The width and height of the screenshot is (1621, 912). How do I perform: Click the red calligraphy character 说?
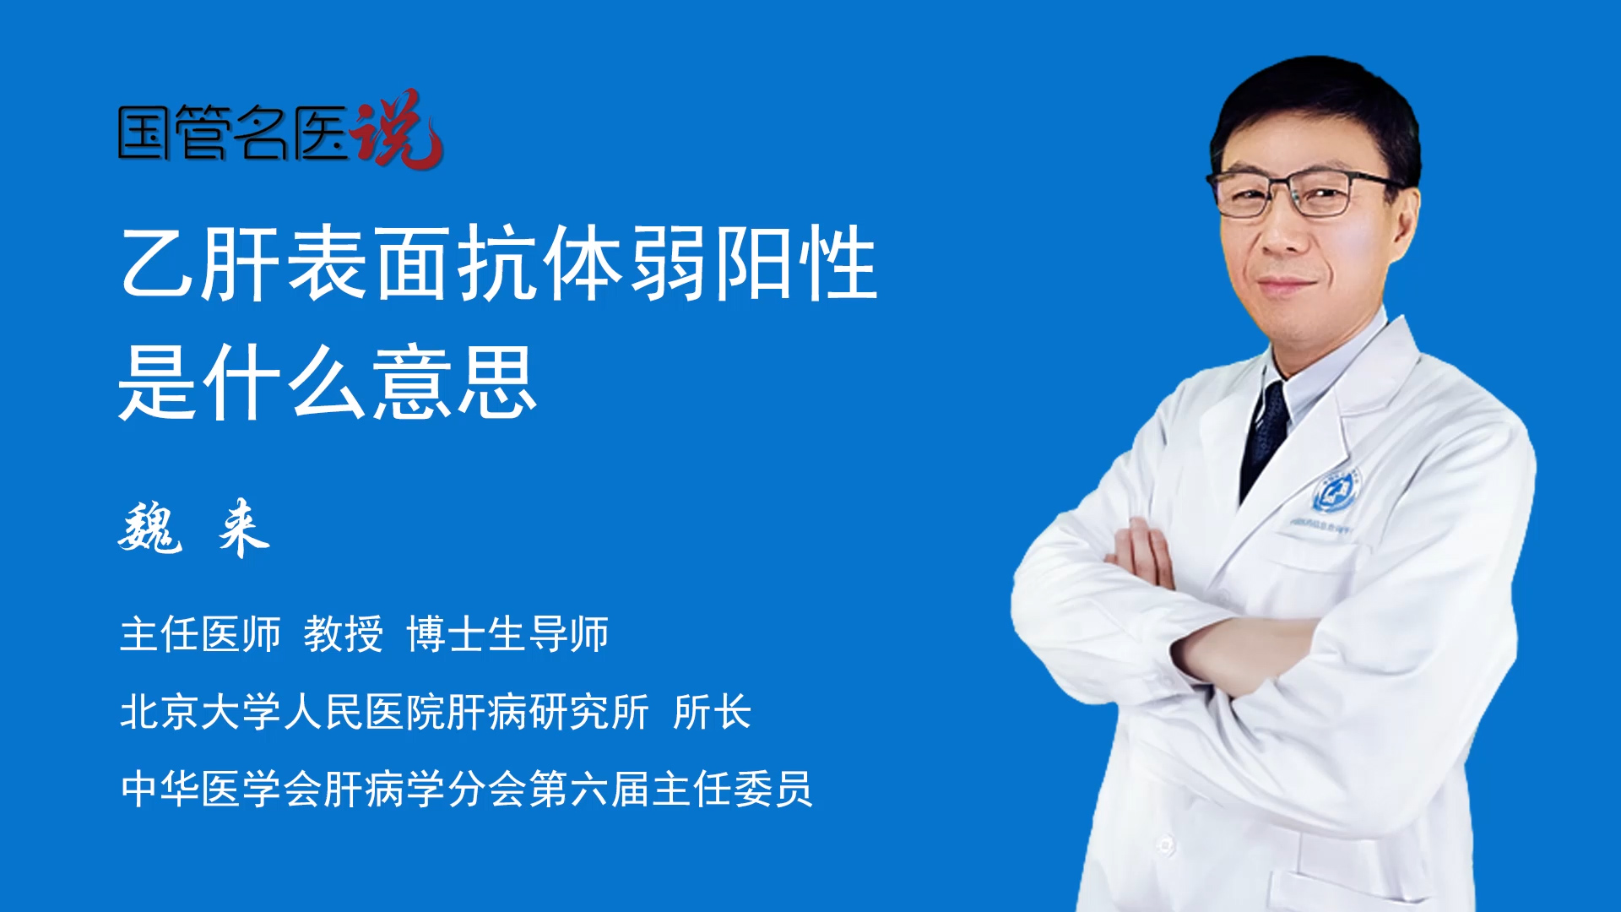397,128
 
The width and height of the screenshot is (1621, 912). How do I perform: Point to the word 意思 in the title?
454,383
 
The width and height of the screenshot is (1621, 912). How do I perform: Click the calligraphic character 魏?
150,528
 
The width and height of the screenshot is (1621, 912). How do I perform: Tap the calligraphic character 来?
243,528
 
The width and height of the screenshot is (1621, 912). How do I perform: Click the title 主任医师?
200,634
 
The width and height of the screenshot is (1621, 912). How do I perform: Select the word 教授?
344,634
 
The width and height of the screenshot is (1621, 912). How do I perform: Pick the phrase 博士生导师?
507,634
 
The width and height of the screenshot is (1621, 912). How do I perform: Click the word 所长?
713,712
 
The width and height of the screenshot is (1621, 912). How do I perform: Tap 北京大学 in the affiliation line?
200,712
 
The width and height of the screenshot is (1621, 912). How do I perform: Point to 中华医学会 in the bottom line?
221,789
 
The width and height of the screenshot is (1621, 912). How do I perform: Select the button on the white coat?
1165,844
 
